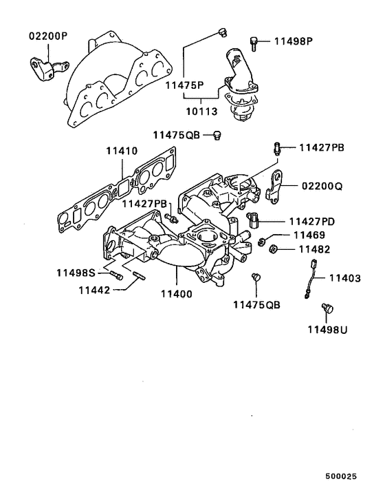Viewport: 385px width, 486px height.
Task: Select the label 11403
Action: point(344,278)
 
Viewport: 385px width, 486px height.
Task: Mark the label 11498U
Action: point(327,329)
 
